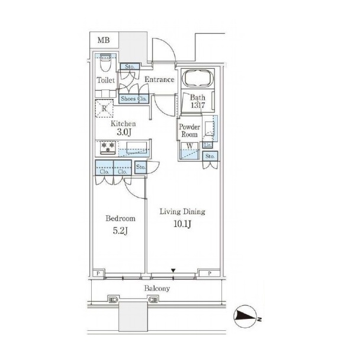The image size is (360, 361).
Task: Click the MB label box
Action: point(104,40)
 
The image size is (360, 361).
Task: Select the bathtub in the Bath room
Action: point(198,78)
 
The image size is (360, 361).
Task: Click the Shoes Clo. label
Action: point(134,99)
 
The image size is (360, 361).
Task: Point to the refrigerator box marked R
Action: point(104,108)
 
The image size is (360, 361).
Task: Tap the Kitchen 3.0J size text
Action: point(123,133)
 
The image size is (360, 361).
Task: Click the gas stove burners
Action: point(108,148)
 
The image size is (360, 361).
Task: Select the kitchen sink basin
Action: point(136,148)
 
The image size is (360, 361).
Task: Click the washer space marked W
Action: point(189,151)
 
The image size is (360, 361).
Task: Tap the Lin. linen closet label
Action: point(207,145)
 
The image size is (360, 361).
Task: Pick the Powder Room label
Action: point(189,130)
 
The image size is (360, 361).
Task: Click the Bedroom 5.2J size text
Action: point(120,231)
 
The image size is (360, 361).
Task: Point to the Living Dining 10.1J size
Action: point(182,224)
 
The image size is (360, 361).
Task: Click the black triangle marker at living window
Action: point(173,270)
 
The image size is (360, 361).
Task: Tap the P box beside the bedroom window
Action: point(98,273)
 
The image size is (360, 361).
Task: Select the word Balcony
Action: point(157,288)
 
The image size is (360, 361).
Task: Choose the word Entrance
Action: point(159,79)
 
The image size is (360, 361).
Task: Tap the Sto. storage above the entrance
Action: point(130,66)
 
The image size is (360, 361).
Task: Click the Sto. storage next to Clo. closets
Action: point(140,167)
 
